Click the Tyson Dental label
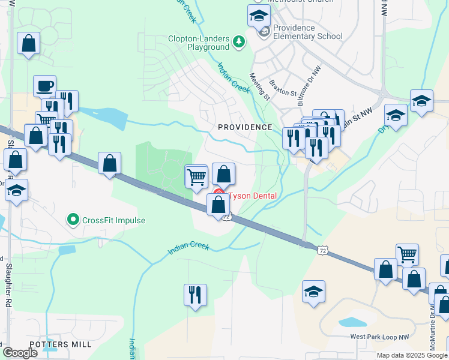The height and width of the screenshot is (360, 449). point(252,196)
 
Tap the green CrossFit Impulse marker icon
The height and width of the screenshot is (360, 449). point(73,220)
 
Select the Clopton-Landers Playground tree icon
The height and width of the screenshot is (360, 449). point(240,41)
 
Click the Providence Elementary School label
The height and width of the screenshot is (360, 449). point(308,32)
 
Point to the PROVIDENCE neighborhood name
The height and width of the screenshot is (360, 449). point(245,127)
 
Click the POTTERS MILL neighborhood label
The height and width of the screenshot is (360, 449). point(61,344)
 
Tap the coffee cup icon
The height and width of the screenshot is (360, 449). point(44,86)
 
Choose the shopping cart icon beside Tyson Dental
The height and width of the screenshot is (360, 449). point(196,177)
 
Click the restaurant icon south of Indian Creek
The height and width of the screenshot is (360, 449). point(195,295)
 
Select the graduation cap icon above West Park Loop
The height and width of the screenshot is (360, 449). point(313,291)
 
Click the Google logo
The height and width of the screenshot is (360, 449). point(20,353)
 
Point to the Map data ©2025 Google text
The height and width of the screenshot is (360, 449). point(412,355)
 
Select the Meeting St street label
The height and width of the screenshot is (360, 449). point(260,86)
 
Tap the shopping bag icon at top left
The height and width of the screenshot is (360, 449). point(29,43)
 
